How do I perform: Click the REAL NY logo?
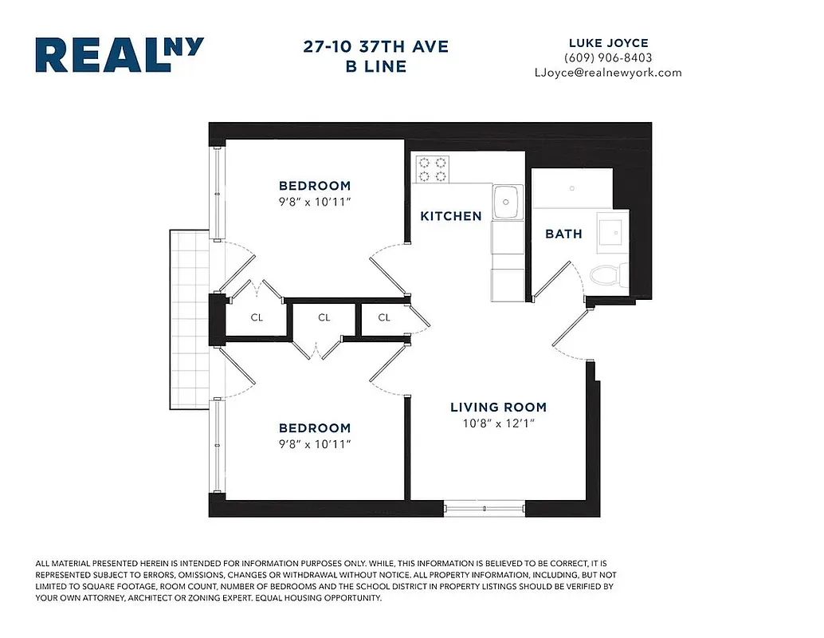tap(120, 55)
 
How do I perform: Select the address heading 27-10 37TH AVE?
tap(376, 46)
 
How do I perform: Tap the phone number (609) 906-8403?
tap(608, 57)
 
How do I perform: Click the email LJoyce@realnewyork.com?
tap(608, 73)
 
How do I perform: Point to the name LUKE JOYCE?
tap(608, 43)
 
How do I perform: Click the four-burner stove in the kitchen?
tap(432, 169)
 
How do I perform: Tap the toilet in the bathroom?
tap(607, 276)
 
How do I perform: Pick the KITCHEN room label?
tap(451, 216)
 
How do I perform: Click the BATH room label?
tap(563, 234)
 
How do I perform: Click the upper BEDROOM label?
tap(315, 186)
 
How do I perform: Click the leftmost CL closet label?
tap(257, 317)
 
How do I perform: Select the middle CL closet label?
tap(324, 317)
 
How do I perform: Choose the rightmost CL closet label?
tap(384, 317)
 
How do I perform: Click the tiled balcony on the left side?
tap(188, 320)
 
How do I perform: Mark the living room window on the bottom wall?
tap(484, 506)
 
